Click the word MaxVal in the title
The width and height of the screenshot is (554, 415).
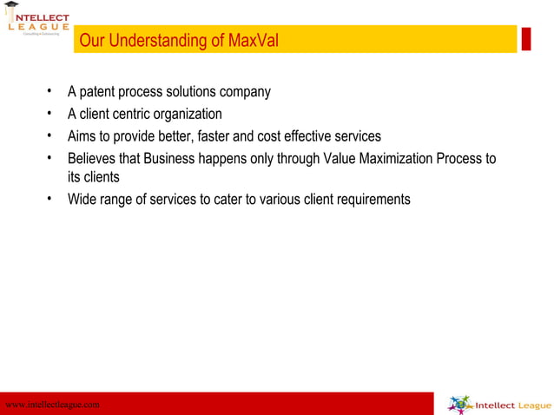click(x=254, y=41)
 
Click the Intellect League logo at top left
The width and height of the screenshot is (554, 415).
click(x=36, y=22)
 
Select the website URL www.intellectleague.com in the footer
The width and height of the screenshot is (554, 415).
click(x=52, y=405)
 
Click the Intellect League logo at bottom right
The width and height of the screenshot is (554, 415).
click(x=499, y=405)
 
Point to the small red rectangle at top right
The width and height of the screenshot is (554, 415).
click(x=525, y=38)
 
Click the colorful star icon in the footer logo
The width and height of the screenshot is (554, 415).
click(x=459, y=405)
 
